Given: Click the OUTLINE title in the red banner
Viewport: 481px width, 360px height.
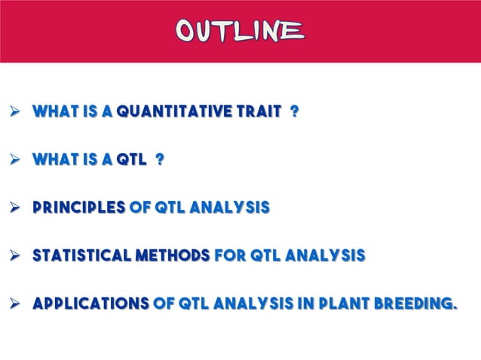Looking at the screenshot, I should pos(240,30).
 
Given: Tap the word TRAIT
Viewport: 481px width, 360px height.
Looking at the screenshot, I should pos(258,112).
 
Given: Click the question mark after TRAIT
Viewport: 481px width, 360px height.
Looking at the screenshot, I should pos(294,112).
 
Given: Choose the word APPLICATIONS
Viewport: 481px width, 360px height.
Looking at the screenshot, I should pos(90,305).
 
